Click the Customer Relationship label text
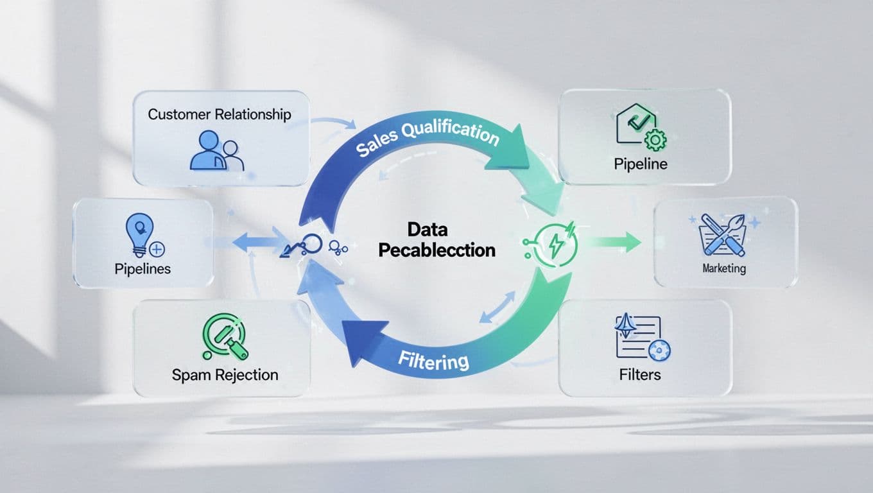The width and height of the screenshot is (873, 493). click(x=219, y=114)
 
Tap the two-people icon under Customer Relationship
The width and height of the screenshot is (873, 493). click(x=217, y=151)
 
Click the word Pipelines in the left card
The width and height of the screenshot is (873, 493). click(x=143, y=268)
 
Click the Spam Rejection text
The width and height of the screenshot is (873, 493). click(x=225, y=375)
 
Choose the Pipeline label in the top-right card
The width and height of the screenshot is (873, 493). click(x=640, y=164)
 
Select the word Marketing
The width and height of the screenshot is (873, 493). click(x=724, y=268)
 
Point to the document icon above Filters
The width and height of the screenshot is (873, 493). click(x=643, y=338)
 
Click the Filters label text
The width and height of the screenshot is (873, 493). click(x=640, y=374)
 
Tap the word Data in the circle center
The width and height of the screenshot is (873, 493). click(x=427, y=230)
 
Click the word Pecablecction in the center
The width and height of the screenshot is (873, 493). click(x=437, y=250)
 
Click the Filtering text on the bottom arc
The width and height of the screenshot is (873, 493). click(x=433, y=359)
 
